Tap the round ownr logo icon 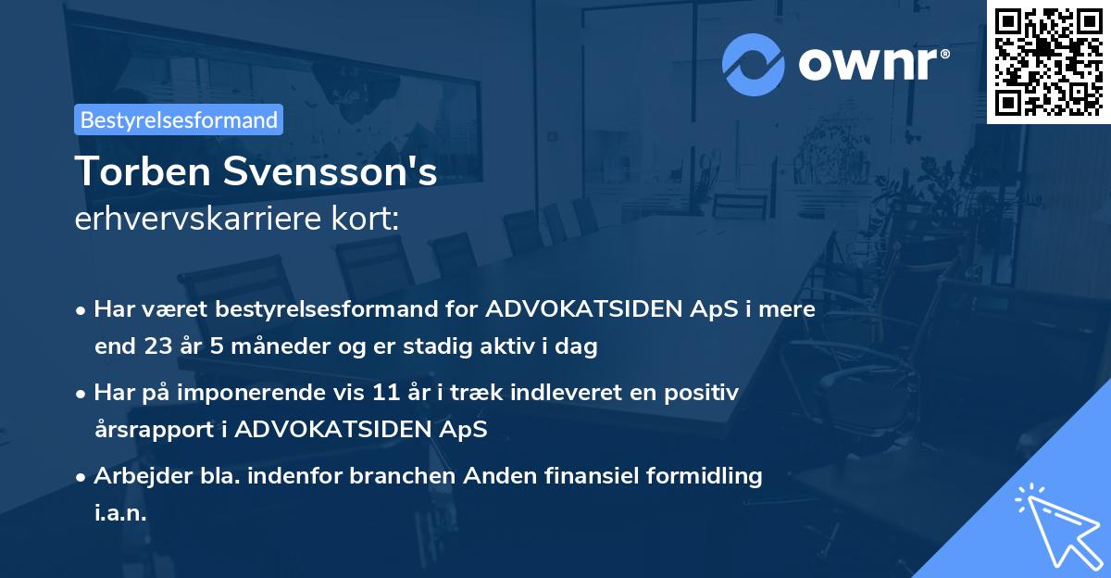click(x=754, y=65)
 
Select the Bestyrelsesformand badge click(x=179, y=119)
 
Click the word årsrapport click(x=158, y=430)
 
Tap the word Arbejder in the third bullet click(x=135, y=476)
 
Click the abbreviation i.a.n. click(x=120, y=513)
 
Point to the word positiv click(x=701, y=393)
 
